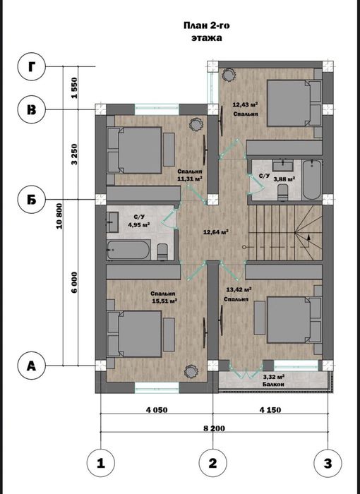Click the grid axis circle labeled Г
pos(32,67)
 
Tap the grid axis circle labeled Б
pos(32,199)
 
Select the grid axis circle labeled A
pos(32,366)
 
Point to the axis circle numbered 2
pos(212,464)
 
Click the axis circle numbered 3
pos(328,464)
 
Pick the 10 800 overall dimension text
pos(59,216)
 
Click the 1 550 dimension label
pos(74,88)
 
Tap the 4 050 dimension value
pos(157,410)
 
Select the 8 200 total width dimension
pos(215,428)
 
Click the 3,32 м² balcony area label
pos(274,377)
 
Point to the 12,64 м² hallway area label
pos(216,232)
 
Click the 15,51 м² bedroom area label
pos(164,301)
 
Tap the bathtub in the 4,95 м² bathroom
pos(128,250)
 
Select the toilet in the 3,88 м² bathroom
pos(282,192)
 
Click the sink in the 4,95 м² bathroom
pos(112,222)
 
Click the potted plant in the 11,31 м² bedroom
pos(196,124)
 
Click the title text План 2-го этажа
pos(207,32)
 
